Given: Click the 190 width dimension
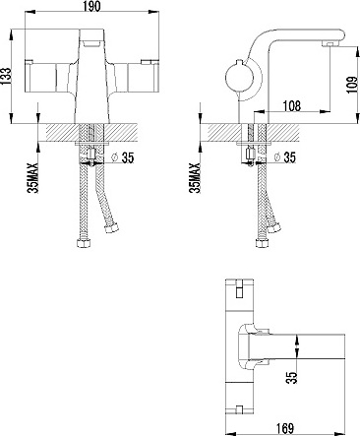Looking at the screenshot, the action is (x=91, y=6).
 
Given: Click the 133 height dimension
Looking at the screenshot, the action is (x=6, y=77).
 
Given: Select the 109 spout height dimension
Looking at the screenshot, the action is (x=352, y=85).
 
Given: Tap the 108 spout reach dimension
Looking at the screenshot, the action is (x=291, y=106).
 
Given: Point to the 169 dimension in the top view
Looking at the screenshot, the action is (x=284, y=428).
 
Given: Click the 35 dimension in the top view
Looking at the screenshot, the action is (x=292, y=377).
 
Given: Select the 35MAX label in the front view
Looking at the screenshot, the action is (x=32, y=178).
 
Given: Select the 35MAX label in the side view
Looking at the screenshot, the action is (x=195, y=178).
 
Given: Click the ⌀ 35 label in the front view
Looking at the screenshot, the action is (x=123, y=157).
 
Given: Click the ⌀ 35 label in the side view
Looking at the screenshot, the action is (x=284, y=157).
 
